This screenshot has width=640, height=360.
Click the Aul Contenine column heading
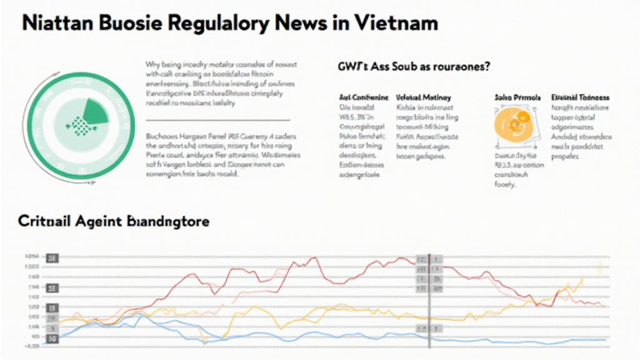[363, 98]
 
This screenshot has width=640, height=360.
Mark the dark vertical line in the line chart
[429, 300]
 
